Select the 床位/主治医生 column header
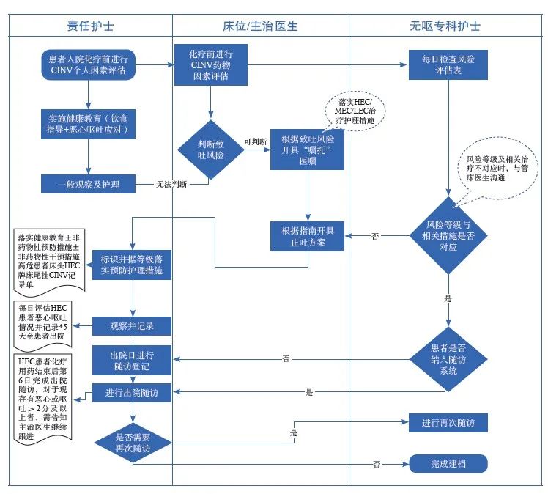260,26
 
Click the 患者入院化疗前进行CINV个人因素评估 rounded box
87,64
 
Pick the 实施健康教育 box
89,124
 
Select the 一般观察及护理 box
88,185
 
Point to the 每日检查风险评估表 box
448,64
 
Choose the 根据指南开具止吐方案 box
308,235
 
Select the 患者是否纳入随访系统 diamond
448,358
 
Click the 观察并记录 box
132,324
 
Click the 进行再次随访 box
448,423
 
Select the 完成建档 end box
448,463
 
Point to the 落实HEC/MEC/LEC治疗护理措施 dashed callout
355,110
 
